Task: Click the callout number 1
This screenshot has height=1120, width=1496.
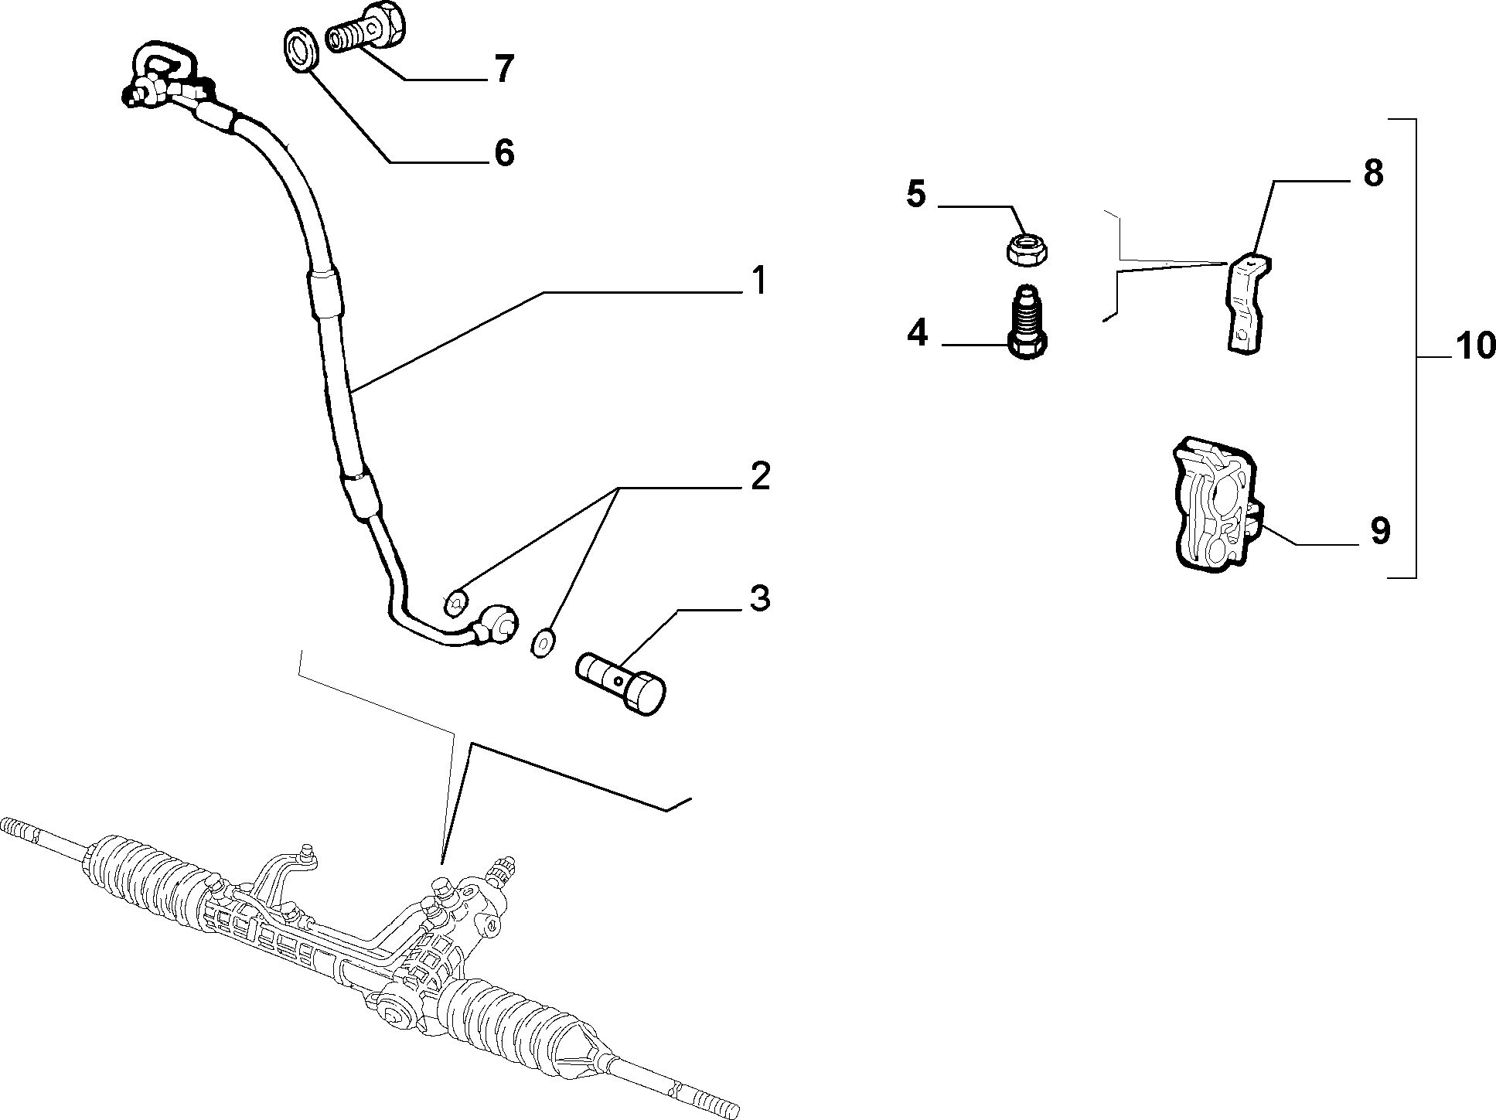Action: (759, 281)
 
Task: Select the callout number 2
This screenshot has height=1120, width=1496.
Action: (760, 476)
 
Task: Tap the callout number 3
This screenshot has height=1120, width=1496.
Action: (760, 599)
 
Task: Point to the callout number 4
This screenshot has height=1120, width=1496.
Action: (917, 334)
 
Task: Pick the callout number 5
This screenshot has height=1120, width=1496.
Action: (916, 195)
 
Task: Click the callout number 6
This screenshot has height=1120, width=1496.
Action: (504, 153)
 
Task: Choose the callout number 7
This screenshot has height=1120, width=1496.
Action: (504, 70)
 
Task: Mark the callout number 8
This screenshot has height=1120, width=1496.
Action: (1373, 174)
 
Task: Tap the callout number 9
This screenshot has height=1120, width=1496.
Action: (1380, 531)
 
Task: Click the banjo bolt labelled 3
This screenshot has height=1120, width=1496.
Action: (622, 683)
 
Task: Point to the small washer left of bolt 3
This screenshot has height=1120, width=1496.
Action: (544, 642)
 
